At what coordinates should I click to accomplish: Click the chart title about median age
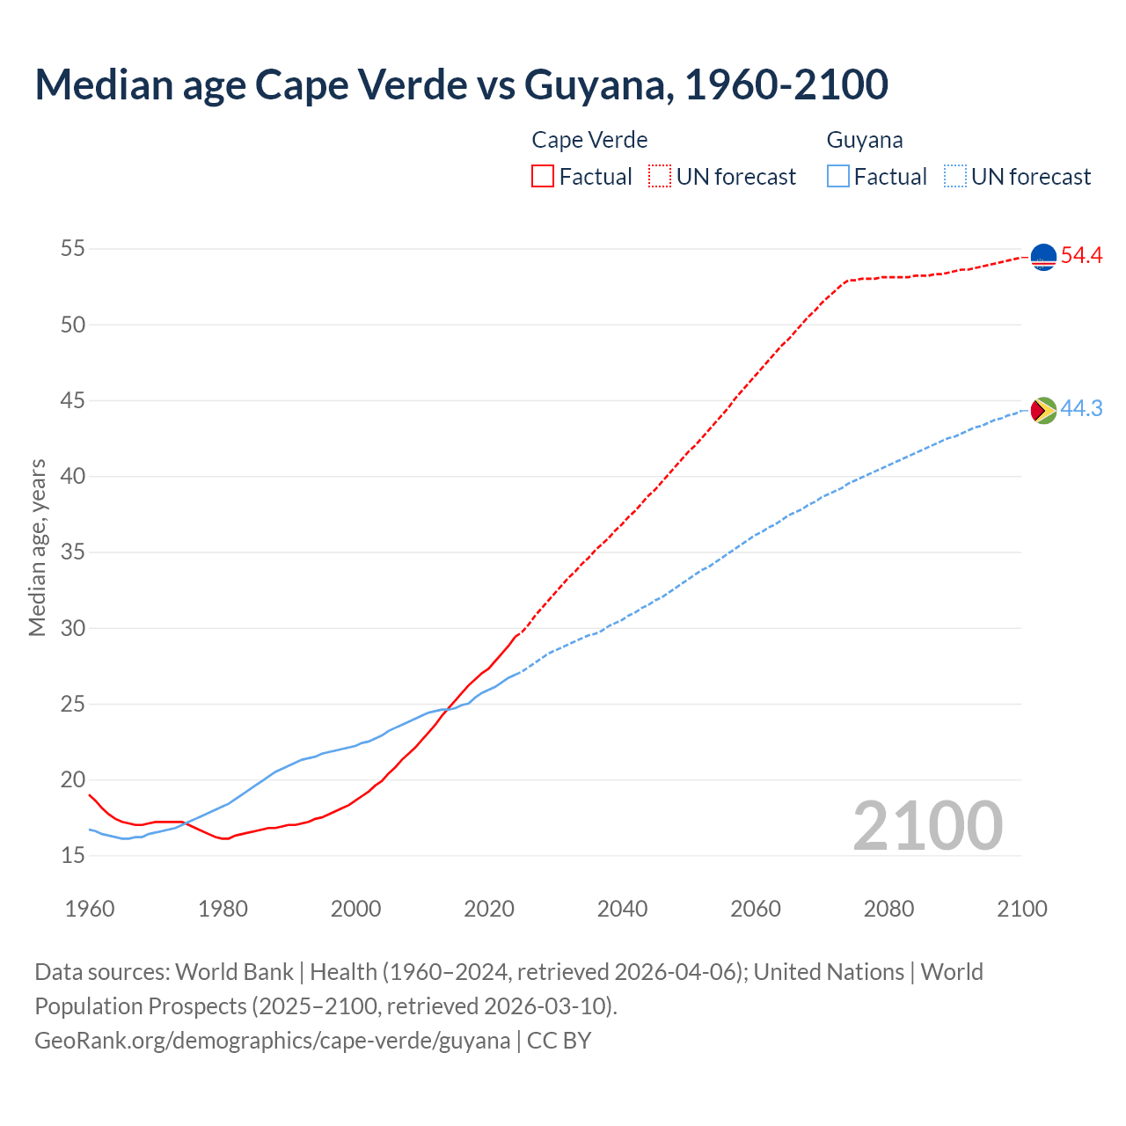click(461, 84)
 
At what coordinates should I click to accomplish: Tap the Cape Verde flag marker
click(1043, 257)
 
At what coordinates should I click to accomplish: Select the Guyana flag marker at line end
click(1043, 410)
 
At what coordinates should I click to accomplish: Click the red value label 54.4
click(1081, 256)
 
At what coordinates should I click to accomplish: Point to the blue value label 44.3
click(1081, 409)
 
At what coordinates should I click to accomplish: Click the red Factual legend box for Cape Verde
click(543, 177)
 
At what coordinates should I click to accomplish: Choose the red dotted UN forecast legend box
click(660, 177)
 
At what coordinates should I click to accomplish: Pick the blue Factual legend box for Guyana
click(838, 177)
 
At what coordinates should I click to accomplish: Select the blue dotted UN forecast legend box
click(955, 177)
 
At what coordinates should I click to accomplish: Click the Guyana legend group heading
click(865, 140)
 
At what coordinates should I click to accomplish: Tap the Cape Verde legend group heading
click(589, 140)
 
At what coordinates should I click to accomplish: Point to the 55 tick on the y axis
click(73, 249)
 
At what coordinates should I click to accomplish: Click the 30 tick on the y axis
click(73, 628)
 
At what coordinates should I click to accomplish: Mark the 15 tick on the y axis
click(73, 856)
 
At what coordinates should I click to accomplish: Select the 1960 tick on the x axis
click(90, 909)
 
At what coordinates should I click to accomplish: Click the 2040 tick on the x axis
click(622, 909)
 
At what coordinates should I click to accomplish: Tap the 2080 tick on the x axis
click(888, 909)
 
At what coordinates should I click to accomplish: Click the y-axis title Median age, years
click(37, 547)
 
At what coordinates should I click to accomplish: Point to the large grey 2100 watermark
click(927, 826)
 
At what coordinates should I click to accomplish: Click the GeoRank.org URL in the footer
click(272, 1041)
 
